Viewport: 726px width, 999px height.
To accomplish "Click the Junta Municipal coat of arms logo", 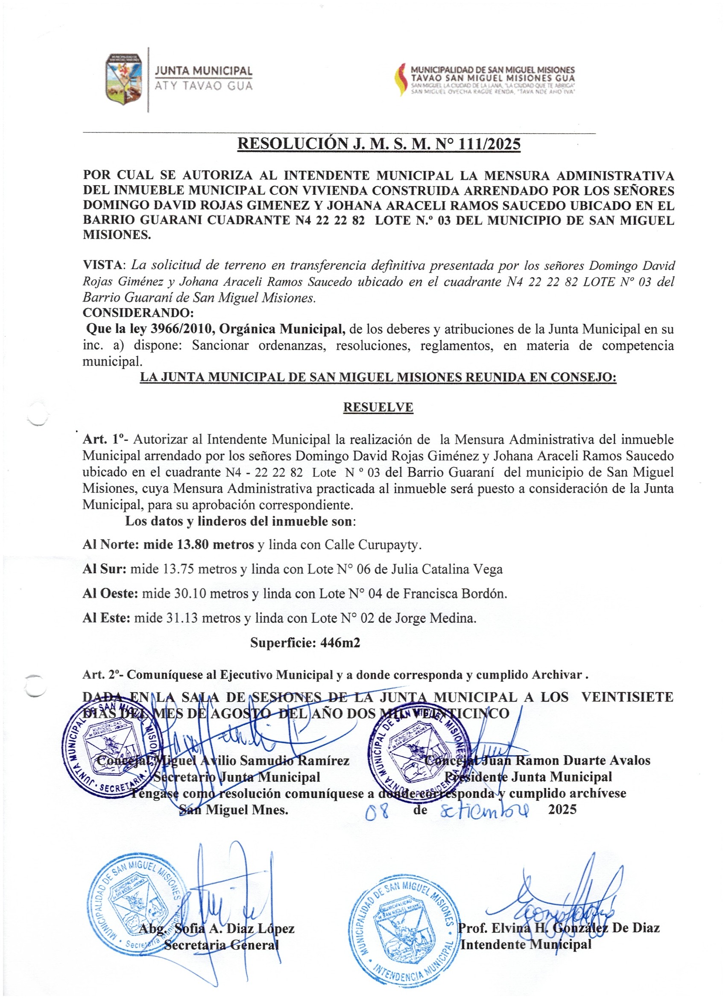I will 123,79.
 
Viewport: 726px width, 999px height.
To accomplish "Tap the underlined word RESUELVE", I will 378,408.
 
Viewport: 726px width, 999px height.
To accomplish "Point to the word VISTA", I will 104,265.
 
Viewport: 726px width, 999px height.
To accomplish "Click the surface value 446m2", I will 340,643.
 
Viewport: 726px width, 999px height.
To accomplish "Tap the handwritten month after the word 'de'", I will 485,810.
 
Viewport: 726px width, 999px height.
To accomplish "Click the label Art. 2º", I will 102,675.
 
